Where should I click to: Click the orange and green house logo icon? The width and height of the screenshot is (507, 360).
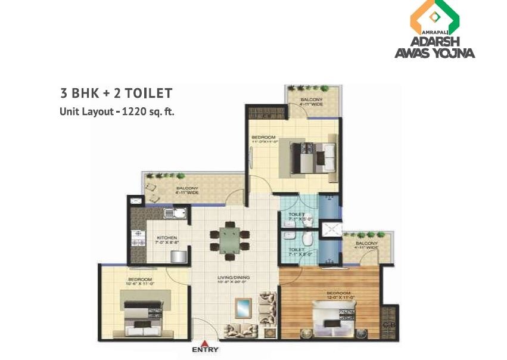pos(434,18)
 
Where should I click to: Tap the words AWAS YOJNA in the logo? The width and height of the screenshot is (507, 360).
pos(435,53)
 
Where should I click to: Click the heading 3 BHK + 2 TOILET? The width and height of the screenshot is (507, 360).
pos(116,93)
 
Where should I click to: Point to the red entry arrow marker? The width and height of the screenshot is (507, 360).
pos(204,343)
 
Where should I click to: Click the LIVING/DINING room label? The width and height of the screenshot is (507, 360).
pos(233,277)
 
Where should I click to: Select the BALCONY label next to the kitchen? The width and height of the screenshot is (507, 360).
pos(186,188)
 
